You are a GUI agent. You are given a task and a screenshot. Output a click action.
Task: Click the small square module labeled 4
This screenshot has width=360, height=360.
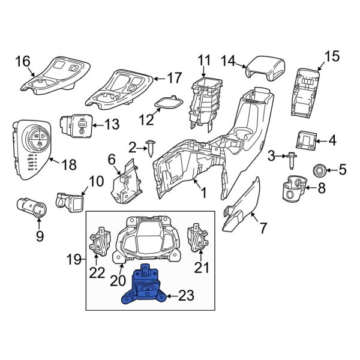click(x=308, y=141)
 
